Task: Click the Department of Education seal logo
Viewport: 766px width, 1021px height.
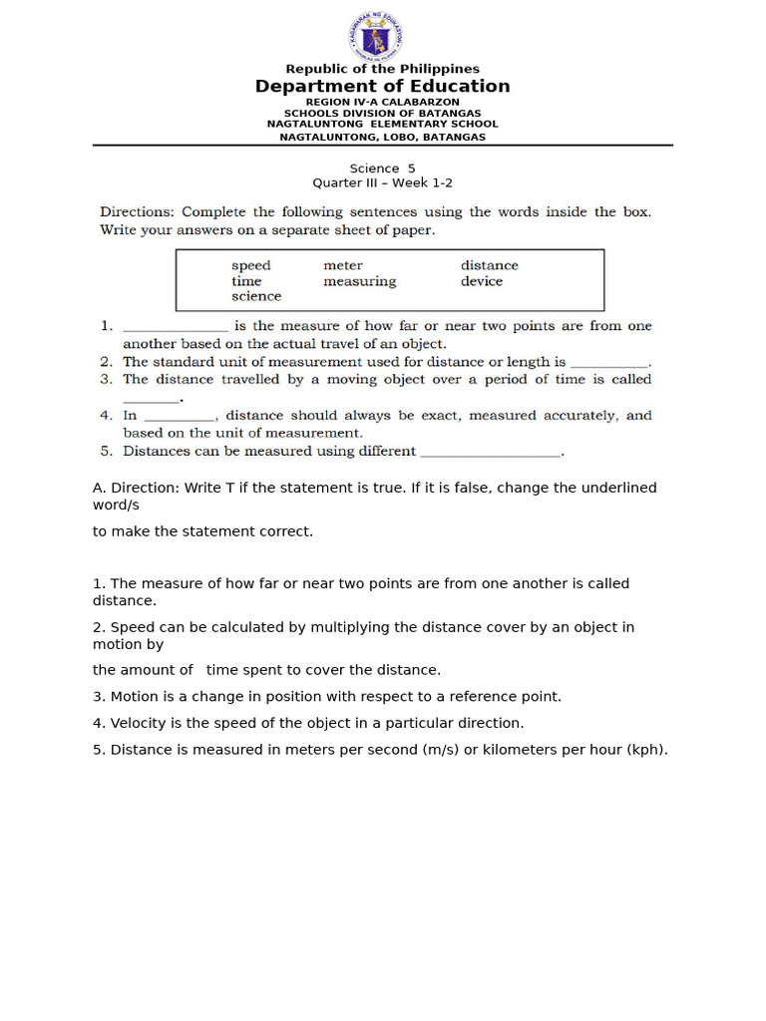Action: click(x=376, y=38)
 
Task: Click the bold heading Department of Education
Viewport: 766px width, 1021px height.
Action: click(x=382, y=87)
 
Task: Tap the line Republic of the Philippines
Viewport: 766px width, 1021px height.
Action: click(x=382, y=69)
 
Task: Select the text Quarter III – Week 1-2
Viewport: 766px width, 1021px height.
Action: click(x=382, y=183)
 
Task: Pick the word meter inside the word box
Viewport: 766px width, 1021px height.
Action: click(x=343, y=266)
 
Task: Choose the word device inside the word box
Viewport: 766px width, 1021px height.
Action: click(x=482, y=281)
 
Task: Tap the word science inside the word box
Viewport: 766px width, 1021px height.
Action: click(x=256, y=296)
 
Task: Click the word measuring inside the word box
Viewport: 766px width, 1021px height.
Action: click(x=359, y=281)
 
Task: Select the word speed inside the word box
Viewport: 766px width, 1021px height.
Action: click(x=250, y=266)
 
